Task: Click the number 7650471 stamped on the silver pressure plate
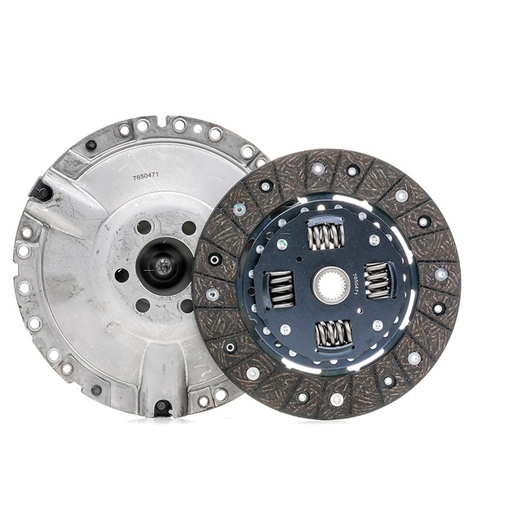[145, 177]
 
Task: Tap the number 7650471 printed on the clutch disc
[354, 285]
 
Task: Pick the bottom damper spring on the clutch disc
[334, 334]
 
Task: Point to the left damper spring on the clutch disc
[280, 289]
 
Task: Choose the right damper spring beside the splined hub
[378, 281]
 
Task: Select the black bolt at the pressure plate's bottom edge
[162, 406]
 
